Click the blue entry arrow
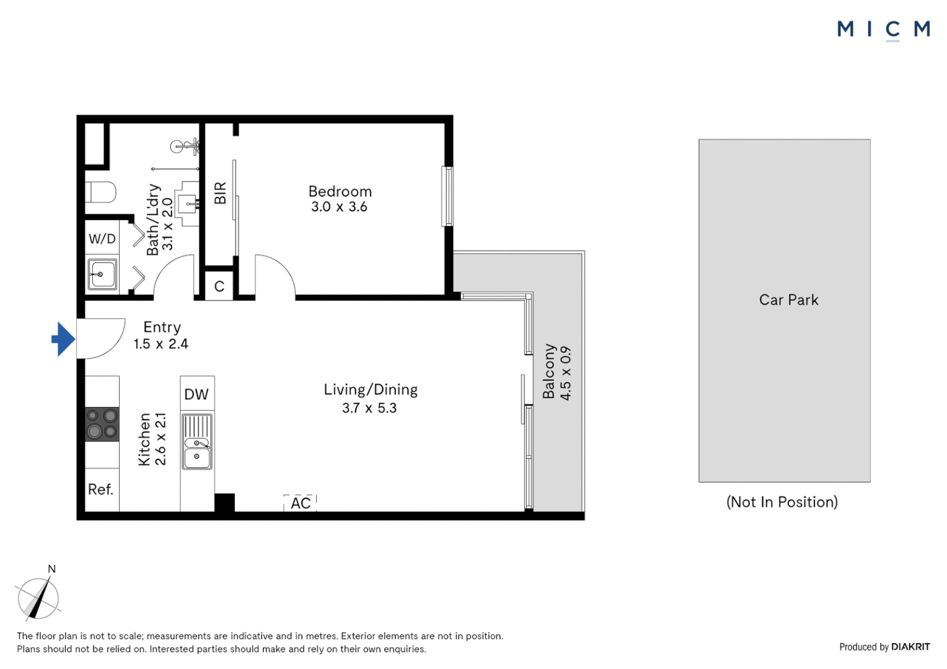tap(63, 339)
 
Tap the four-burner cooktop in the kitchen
tap(102, 424)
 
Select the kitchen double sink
tap(197, 441)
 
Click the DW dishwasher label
tap(196, 395)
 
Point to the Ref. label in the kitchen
tap(100, 489)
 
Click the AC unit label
tap(301, 504)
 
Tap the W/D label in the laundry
tap(102, 238)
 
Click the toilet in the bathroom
tap(100, 192)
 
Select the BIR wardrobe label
tap(220, 193)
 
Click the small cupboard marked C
tap(219, 286)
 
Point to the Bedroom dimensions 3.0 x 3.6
tap(339, 207)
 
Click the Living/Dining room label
tap(371, 390)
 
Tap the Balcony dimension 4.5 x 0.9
tap(565, 373)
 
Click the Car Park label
tap(788, 300)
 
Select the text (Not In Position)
tap(782, 502)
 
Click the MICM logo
tap(884, 30)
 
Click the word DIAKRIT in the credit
tap(910, 647)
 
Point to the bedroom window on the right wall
tap(447, 196)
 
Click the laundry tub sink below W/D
tap(102, 274)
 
